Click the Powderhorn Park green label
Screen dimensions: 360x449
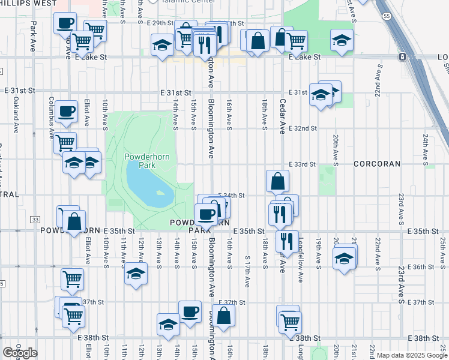click(x=140, y=161)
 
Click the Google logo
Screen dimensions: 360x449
click(x=20, y=353)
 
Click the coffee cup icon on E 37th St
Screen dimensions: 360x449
click(x=190, y=311)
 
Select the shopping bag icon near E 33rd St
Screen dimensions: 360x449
click(x=278, y=181)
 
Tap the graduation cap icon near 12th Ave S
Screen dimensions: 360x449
click(x=136, y=274)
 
